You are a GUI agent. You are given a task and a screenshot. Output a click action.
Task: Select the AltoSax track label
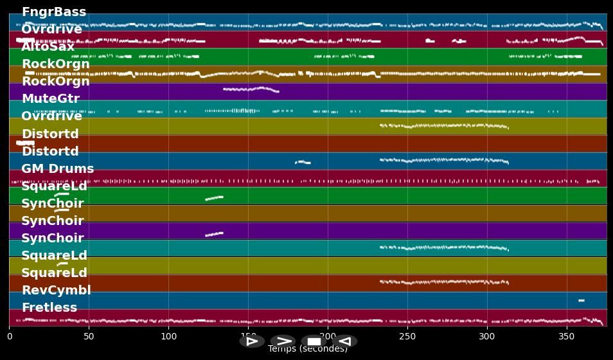[48, 47]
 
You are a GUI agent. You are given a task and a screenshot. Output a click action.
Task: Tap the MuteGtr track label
[50, 99]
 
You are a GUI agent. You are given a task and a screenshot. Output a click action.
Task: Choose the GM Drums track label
[57, 169]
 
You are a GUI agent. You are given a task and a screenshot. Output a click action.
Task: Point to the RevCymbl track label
[56, 291]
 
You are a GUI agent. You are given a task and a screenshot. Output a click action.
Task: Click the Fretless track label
[49, 308]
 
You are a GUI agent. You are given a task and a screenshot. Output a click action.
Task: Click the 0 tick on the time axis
[10, 336]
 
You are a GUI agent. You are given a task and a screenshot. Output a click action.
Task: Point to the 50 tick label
[89, 336]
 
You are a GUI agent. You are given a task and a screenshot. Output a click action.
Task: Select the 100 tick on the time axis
[168, 336]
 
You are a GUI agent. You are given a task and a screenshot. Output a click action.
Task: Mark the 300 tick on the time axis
[487, 336]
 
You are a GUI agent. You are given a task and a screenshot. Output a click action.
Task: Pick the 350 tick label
[567, 336]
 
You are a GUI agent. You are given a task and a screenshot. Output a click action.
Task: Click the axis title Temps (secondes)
[307, 349]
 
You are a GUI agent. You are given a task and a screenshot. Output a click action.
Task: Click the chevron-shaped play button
[283, 341]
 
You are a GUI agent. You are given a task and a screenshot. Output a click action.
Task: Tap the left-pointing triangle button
[344, 341]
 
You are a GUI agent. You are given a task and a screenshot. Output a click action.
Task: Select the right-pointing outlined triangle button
[252, 341]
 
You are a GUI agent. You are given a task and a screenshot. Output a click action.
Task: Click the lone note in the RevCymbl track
[581, 300]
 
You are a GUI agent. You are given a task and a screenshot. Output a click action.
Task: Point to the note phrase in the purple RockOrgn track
[251, 89]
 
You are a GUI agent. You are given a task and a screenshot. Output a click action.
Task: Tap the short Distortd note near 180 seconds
[303, 162]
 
